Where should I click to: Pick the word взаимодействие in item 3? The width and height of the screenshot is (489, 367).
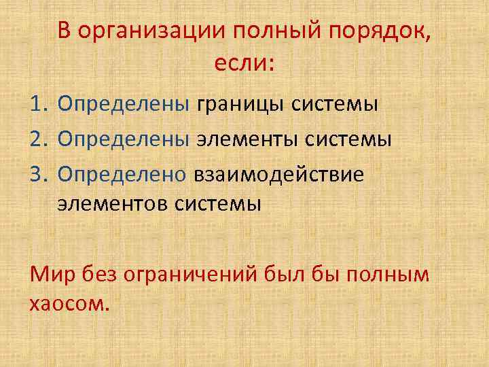pyautogui.click(x=279, y=175)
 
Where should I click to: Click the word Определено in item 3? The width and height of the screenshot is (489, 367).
pyautogui.click(x=122, y=175)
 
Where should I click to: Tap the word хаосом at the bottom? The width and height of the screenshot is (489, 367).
pyautogui.click(x=67, y=302)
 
